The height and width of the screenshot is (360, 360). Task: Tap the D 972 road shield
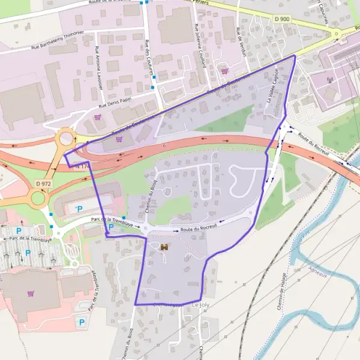(x=42, y=183)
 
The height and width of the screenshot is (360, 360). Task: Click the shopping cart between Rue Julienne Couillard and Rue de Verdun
(x=224, y=71)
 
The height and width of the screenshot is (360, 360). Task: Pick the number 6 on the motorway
(x=164, y=145)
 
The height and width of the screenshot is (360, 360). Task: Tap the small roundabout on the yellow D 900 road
(x=337, y=35)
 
